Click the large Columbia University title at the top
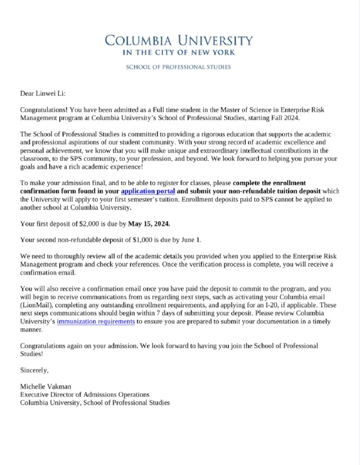coord(179,40)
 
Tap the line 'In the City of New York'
coord(179,52)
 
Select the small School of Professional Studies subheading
coord(178,67)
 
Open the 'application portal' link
coord(148,190)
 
